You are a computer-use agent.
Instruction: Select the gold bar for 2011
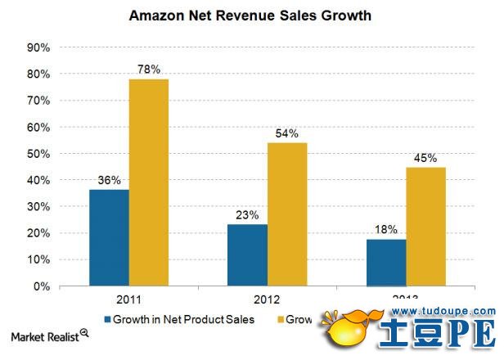[149, 182]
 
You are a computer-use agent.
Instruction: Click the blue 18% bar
[386, 263]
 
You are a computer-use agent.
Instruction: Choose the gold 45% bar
[426, 227]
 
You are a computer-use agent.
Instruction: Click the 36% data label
[109, 181]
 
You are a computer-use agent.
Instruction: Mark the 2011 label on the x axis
[128, 299]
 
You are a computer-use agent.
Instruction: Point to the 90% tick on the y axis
[38, 47]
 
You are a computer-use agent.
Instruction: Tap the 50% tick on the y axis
[38, 154]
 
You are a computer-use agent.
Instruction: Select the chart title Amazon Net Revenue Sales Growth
[253, 16]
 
